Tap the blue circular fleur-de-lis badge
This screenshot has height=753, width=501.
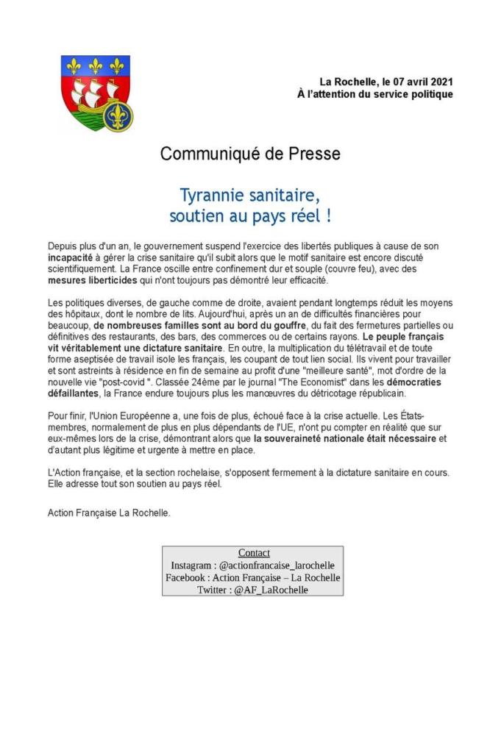pyautogui.click(x=117, y=115)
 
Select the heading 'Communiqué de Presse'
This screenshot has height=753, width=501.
pyautogui.click(x=250, y=154)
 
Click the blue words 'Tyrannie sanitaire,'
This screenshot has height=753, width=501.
pyautogui.click(x=250, y=196)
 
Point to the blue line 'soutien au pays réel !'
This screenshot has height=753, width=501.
pyautogui.click(x=250, y=217)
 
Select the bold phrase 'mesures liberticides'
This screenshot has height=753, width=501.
pyautogui.click(x=91, y=280)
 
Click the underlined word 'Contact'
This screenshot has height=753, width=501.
pyautogui.click(x=254, y=553)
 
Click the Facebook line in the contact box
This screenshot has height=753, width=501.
pyautogui.click(x=253, y=577)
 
